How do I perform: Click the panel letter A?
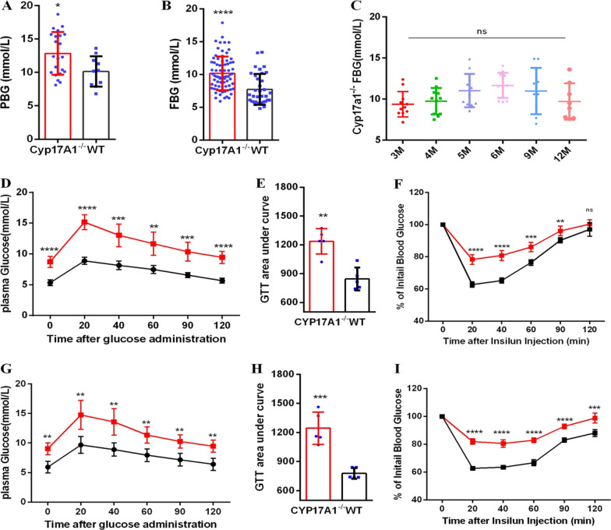[8, 8]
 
